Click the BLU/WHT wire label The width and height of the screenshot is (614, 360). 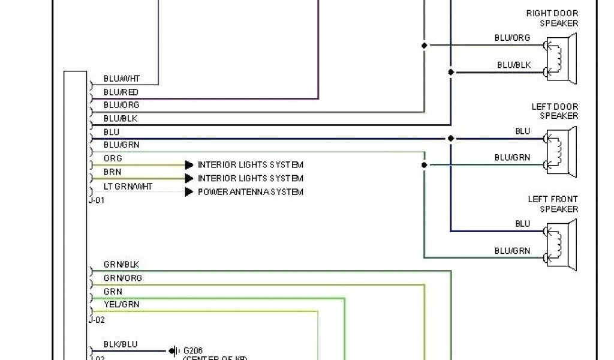(122, 79)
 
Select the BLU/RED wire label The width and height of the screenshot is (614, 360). (121, 92)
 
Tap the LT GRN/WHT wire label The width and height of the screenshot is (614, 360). (128, 187)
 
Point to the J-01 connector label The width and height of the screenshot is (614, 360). (97, 200)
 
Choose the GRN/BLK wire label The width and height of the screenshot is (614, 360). (122, 265)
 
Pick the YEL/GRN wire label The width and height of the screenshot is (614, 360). (121, 305)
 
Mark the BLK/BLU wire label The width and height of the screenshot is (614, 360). (121, 344)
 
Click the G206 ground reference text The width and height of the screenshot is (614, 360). (194, 350)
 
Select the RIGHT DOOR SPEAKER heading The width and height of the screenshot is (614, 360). (552, 18)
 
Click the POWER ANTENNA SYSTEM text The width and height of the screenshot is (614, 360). (251, 192)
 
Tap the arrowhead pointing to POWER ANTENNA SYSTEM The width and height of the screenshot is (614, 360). (189, 192)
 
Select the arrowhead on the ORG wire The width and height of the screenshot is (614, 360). (189, 164)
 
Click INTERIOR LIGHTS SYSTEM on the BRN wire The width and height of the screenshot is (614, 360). (251, 178)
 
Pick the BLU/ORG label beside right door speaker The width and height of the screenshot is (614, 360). (512, 38)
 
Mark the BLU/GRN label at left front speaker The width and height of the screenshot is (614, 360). (512, 251)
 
